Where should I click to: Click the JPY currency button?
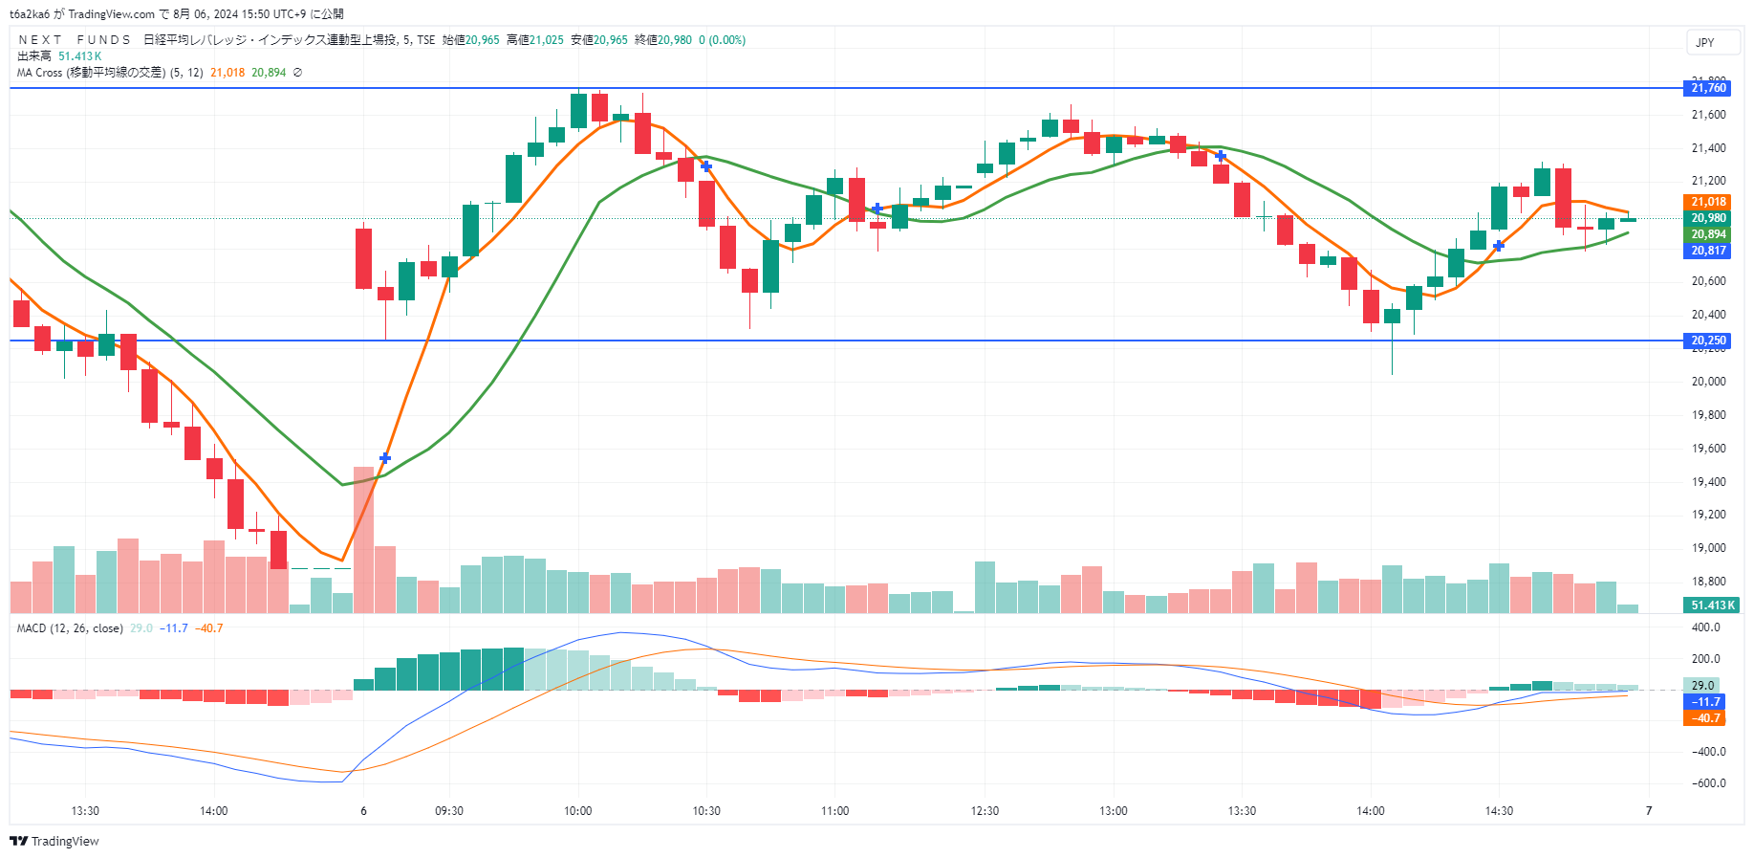click(x=1705, y=42)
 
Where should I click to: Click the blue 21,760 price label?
click(x=1708, y=88)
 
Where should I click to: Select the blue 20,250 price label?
click(x=1708, y=341)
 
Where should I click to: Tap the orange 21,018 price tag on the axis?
click(x=1708, y=202)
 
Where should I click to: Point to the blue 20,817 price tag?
click(x=1708, y=251)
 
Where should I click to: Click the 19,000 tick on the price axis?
click(x=1708, y=548)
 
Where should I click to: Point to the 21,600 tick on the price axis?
click(x=1708, y=115)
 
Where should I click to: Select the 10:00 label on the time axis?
click(x=577, y=811)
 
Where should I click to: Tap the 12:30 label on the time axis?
click(x=985, y=811)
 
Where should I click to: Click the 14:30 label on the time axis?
click(x=1499, y=811)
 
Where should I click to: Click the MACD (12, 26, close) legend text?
click(x=70, y=628)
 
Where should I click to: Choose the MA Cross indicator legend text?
click(x=110, y=73)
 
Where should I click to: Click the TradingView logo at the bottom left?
click(x=54, y=842)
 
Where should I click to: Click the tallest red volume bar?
click(x=363, y=540)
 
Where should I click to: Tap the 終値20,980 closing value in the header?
click(x=663, y=40)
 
